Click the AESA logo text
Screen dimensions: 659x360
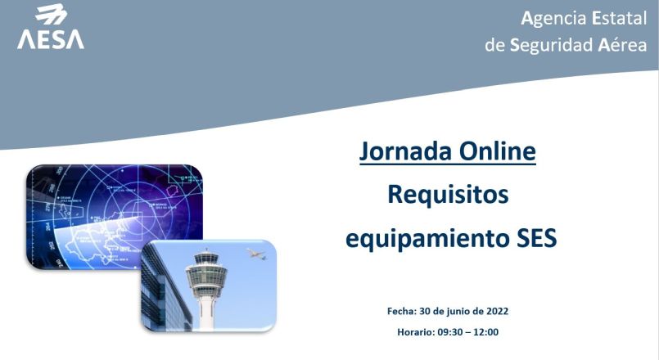click(x=51, y=39)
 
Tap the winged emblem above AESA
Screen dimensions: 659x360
click(x=52, y=15)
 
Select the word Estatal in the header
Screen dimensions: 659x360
click(x=619, y=18)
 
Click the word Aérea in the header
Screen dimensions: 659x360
click(x=622, y=44)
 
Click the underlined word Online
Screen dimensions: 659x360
click(x=497, y=151)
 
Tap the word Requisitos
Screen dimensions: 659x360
click(x=448, y=195)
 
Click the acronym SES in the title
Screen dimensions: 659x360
click(x=536, y=238)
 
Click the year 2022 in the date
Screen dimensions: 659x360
click(x=497, y=311)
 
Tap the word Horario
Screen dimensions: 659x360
click(x=416, y=332)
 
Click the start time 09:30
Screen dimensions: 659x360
click(x=449, y=332)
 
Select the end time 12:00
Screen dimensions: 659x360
click(x=485, y=332)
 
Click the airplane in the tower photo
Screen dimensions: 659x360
click(x=256, y=254)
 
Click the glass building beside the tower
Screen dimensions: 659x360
click(x=165, y=290)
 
